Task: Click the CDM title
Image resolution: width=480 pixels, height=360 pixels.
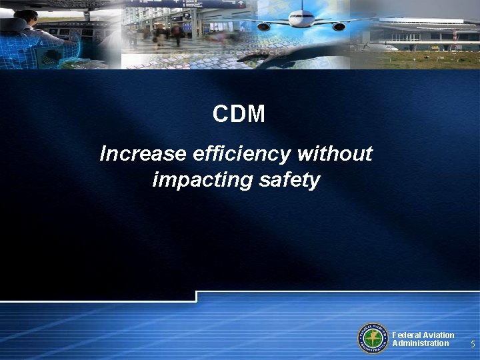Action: [239, 114]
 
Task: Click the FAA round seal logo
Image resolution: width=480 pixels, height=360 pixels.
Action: [373, 339]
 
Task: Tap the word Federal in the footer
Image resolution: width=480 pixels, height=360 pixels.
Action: [405, 335]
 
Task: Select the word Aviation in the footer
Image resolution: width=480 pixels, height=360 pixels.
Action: [437, 335]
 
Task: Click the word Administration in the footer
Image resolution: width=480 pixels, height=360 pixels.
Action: [421, 343]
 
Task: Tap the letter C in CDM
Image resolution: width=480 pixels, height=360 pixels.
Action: [221, 114]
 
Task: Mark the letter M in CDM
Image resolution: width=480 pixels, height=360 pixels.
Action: [257, 114]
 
